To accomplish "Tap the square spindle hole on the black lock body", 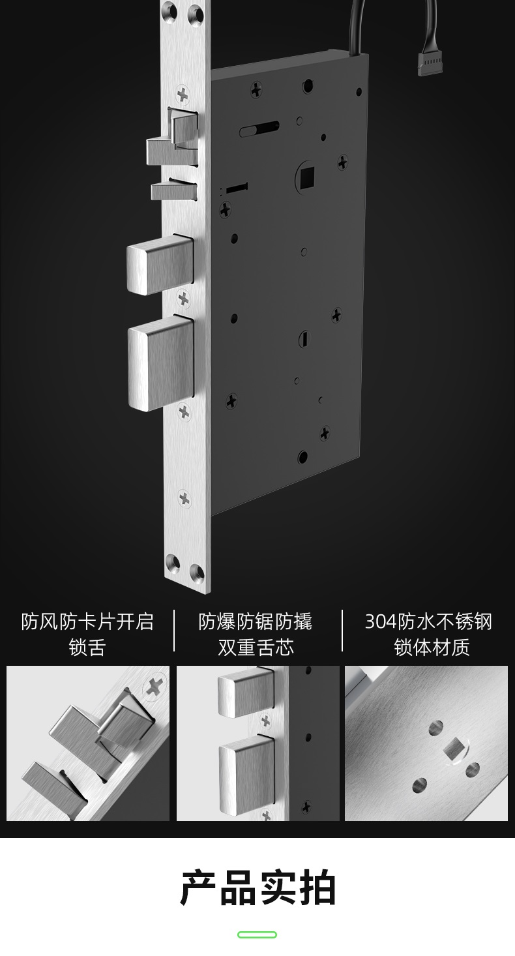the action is (x=307, y=175).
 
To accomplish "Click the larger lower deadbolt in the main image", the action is (x=161, y=363).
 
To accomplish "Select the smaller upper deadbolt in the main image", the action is (x=160, y=264).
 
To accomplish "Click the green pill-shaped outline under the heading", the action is (x=257, y=934).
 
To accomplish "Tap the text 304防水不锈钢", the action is (x=428, y=622).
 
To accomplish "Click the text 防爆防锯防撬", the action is (x=256, y=622).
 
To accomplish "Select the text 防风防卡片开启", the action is (x=87, y=622).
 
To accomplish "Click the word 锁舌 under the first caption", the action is (x=87, y=647).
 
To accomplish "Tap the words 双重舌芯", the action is (x=256, y=647).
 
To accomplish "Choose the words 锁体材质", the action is (x=432, y=647).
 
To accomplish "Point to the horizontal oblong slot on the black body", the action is (x=259, y=128).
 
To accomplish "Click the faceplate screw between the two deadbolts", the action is (x=183, y=298).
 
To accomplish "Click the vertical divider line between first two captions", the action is (x=174, y=631).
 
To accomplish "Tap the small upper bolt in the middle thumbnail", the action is (x=245, y=693).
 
